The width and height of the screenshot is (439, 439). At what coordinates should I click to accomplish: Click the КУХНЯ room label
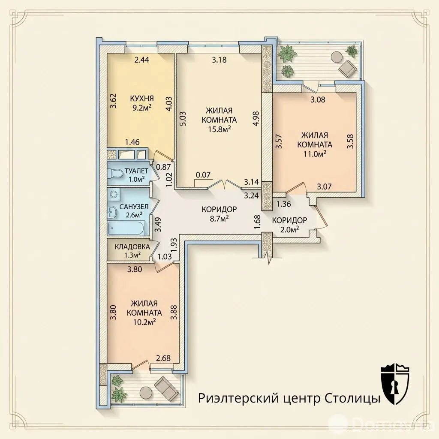click(142, 99)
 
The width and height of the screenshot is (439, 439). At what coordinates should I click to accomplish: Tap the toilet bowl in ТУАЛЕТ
click(115, 174)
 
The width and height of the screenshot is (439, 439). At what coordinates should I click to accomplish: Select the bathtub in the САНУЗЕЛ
click(126, 228)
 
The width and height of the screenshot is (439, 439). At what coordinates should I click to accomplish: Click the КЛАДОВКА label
click(132, 247)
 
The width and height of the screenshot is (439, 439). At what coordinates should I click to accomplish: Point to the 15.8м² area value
click(219, 129)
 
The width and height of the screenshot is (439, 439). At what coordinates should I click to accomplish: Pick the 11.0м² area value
click(315, 154)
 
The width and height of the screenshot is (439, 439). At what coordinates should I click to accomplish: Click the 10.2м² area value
click(144, 322)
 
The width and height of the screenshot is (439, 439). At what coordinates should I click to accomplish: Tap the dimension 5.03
click(183, 119)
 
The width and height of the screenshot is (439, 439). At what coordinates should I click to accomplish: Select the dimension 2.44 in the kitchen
click(141, 59)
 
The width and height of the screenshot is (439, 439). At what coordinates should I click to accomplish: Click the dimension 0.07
click(203, 175)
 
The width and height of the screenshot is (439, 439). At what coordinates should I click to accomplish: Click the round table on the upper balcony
click(336, 57)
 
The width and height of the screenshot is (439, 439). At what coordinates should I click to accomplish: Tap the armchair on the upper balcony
click(347, 67)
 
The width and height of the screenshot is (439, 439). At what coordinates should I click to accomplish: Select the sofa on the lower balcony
click(166, 387)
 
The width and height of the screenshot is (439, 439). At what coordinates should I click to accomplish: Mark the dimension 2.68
click(163, 358)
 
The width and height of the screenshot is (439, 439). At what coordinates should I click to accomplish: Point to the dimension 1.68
click(258, 223)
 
